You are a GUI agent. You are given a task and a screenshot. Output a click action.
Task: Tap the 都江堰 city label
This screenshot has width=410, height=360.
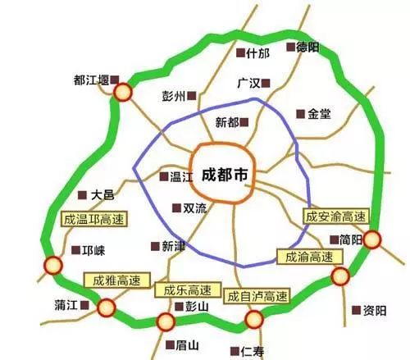90,80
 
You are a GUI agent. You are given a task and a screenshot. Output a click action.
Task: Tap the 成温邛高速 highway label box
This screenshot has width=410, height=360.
89,219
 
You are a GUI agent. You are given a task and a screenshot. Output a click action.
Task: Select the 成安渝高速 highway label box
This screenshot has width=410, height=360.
335,216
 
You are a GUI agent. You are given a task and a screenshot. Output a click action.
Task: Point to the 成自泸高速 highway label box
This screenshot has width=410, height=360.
258,295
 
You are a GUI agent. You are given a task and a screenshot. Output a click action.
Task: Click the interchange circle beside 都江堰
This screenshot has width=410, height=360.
123,93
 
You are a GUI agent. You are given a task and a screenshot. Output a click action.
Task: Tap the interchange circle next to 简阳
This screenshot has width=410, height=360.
373,239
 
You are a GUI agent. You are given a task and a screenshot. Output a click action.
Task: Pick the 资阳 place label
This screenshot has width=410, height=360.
374,310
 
